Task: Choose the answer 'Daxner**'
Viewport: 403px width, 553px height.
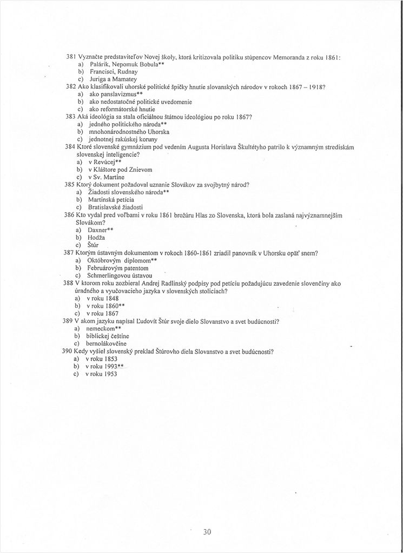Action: [101, 230]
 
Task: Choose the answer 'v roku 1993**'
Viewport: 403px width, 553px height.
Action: [106, 366]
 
